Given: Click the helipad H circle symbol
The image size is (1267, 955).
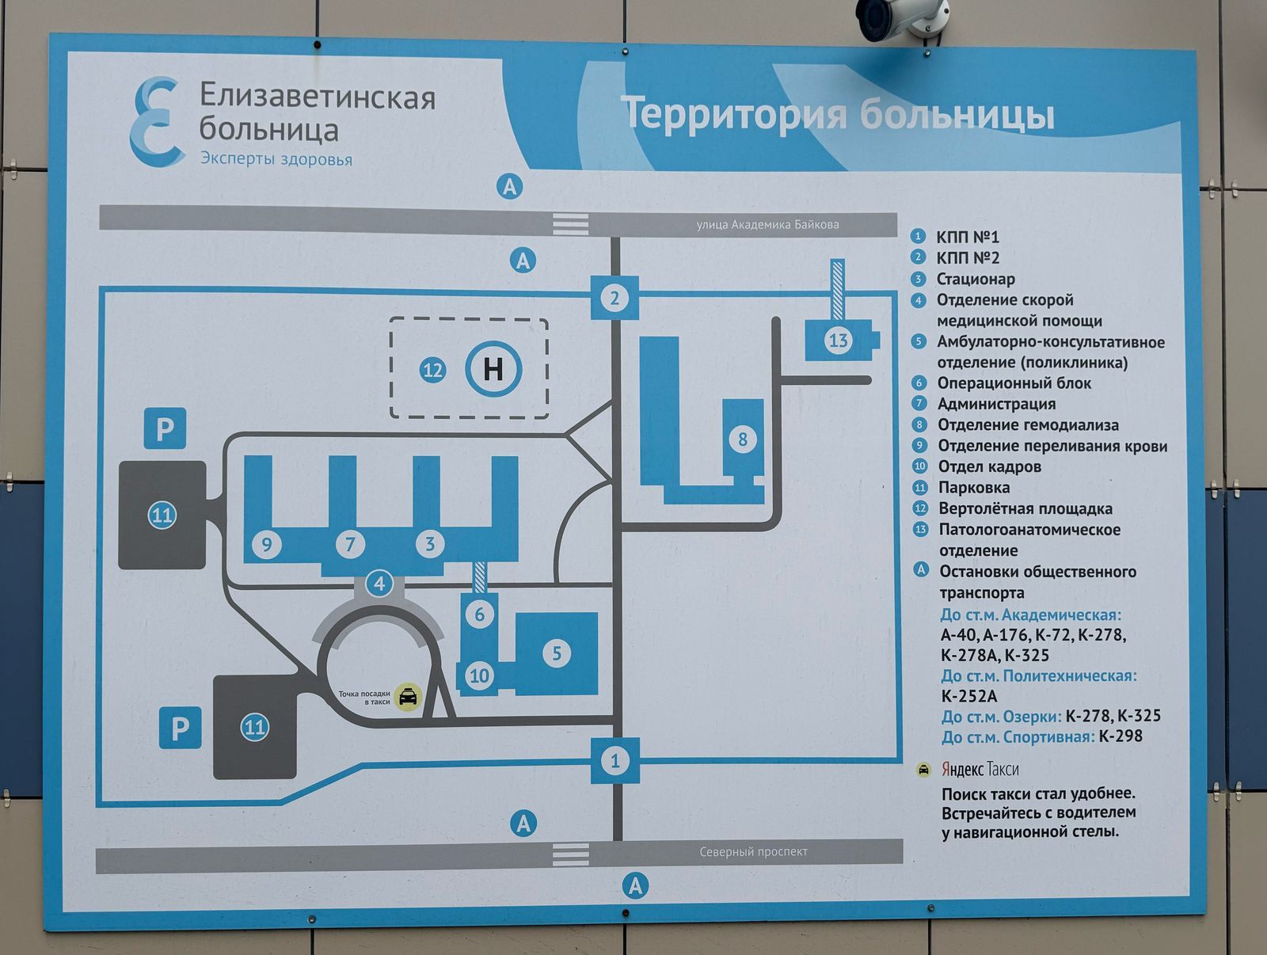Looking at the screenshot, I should click(x=493, y=368).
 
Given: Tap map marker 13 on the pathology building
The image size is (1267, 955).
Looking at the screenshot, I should click(x=838, y=341).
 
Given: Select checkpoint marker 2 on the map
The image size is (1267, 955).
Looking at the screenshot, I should click(x=614, y=299).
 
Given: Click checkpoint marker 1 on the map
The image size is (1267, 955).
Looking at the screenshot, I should click(x=614, y=761).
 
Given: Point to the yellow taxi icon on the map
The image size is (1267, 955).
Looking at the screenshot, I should click(x=408, y=697).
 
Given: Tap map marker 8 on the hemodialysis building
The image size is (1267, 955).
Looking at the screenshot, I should click(x=742, y=439).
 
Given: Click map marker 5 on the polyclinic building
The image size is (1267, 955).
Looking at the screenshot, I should click(x=557, y=653).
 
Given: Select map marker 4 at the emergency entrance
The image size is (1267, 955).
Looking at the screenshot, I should click(x=379, y=584).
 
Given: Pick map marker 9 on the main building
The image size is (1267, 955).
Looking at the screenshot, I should click(x=267, y=544).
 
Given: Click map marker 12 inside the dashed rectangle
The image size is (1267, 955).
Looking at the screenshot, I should click(x=432, y=370).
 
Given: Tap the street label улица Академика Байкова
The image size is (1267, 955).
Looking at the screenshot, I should click(x=767, y=225).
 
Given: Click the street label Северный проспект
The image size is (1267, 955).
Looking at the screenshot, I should click(x=753, y=852).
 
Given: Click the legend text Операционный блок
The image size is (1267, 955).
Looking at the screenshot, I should click(x=1014, y=383).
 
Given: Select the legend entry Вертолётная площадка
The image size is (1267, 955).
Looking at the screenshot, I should click(x=1025, y=508).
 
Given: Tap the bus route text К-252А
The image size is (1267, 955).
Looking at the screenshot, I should click(x=968, y=696).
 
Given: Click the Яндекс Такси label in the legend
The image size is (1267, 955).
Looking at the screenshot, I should click(x=980, y=769).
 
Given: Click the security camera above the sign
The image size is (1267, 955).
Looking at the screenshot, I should click(x=902, y=17).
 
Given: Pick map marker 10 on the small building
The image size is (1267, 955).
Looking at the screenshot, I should click(x=479, y=675).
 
